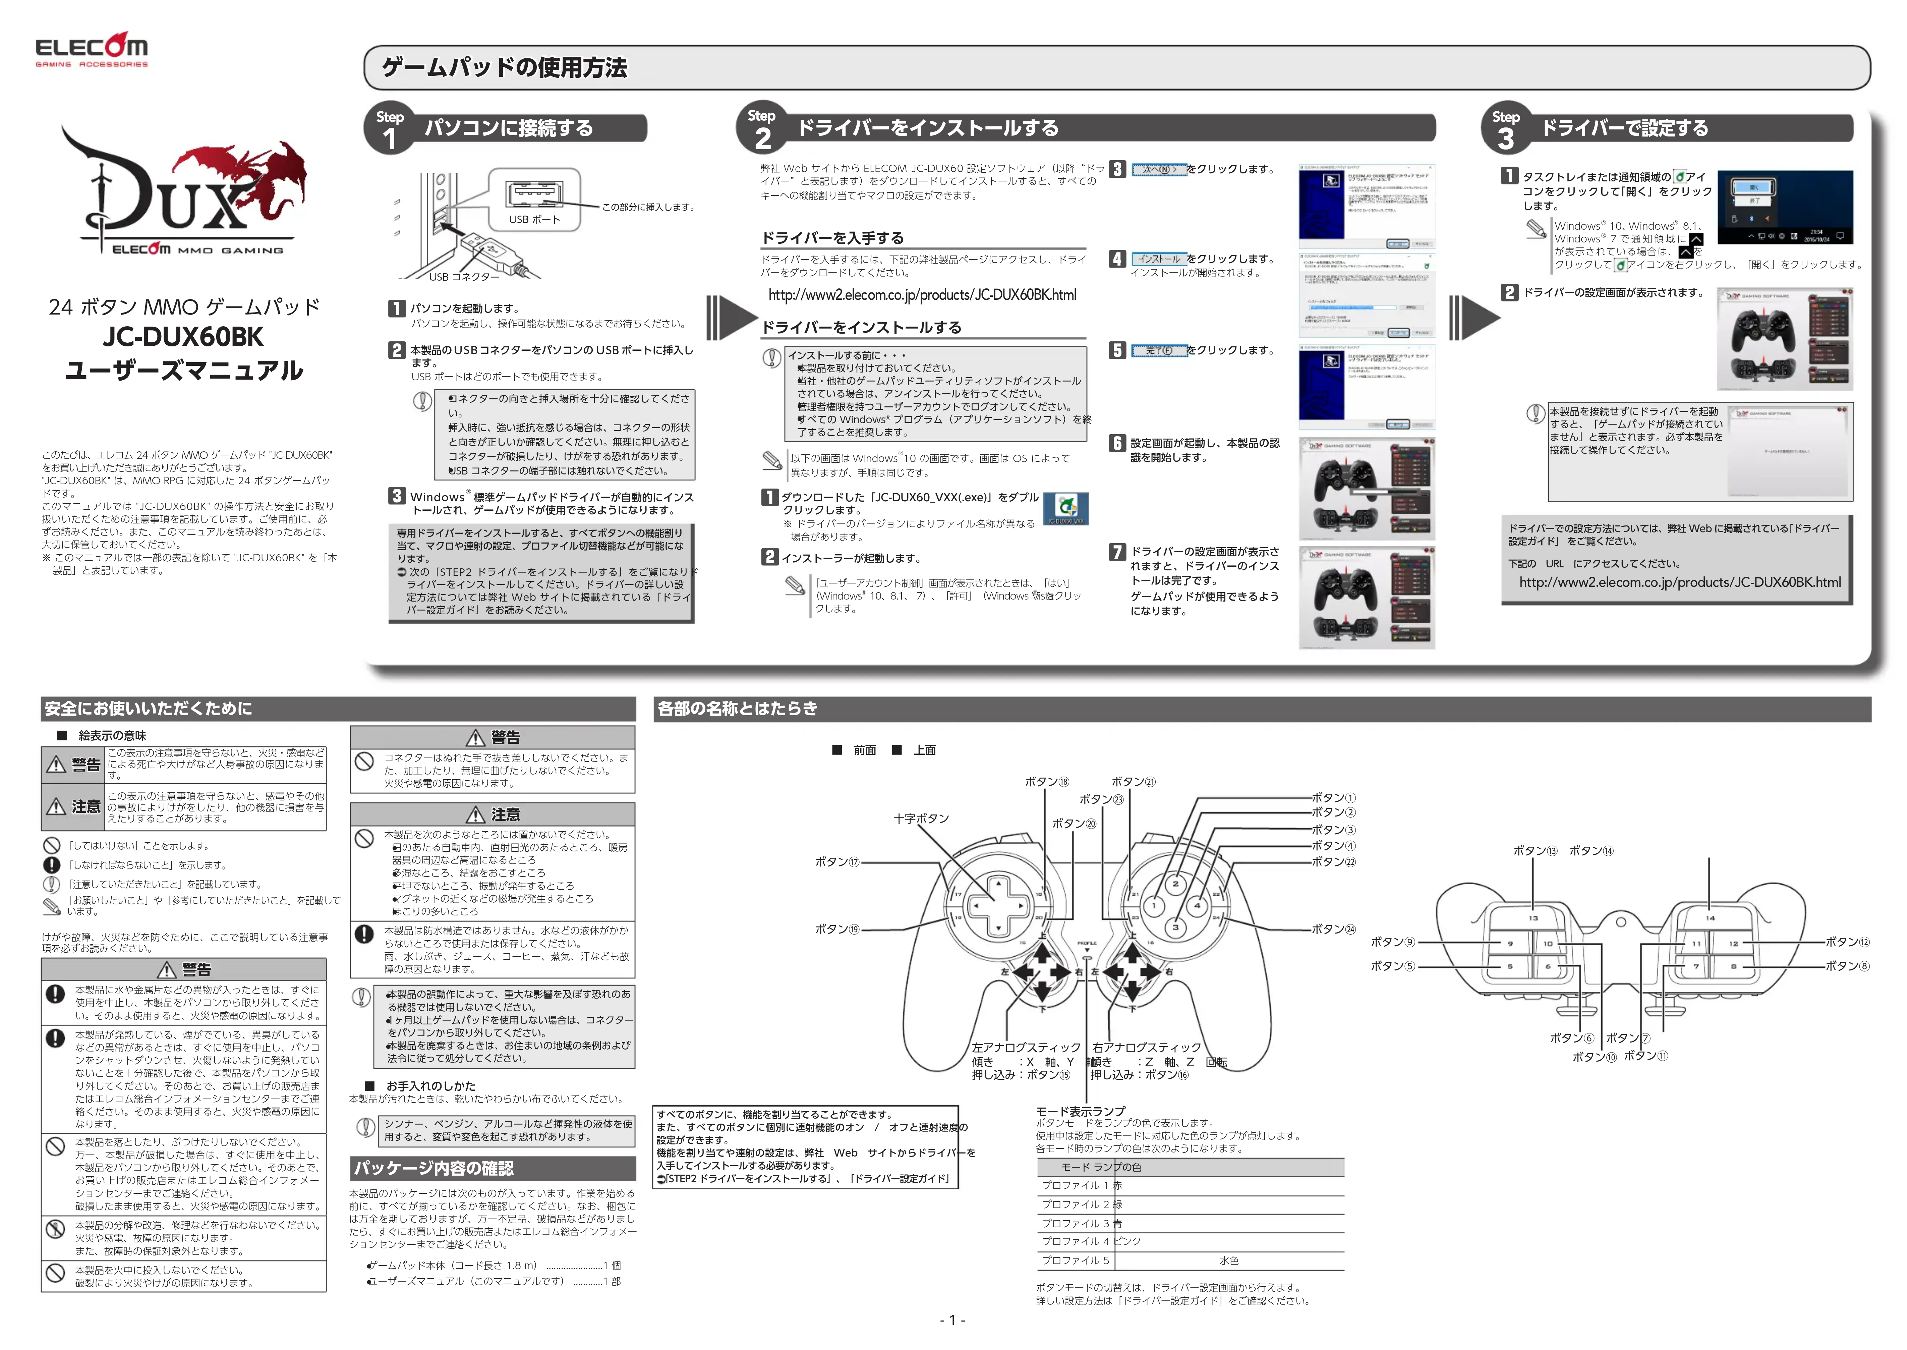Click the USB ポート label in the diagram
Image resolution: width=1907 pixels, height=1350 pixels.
[x=534, y=219]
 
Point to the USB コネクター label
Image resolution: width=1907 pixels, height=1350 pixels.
[x=464, y=277]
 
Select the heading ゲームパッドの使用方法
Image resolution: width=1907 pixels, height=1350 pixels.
[x=504, y=67]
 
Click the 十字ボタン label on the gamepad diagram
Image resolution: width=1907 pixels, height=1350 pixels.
[x=921, y=819]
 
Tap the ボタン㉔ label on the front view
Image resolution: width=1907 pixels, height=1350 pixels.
[x=1333, y=930]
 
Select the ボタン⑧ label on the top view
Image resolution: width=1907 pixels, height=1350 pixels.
[x=1846, y=966]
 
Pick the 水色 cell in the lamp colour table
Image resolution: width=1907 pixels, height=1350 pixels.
[x=1228, y=1260]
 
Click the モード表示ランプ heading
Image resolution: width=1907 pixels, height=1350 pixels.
[x=1080, y=1112]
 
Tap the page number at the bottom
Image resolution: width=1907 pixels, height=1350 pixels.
[x=952, y=1320]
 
